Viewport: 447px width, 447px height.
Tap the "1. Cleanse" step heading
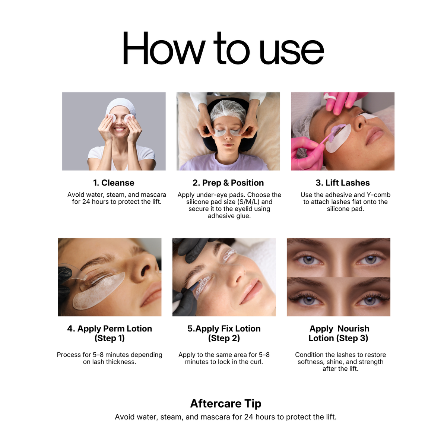114,183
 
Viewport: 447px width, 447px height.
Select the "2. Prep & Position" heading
228,183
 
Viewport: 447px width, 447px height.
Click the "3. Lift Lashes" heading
342,183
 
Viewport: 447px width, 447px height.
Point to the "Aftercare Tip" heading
226,403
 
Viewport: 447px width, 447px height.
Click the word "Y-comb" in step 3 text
378,195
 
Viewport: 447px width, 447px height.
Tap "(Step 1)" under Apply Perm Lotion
110,338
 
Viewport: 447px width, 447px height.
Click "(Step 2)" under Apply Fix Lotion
224,338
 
